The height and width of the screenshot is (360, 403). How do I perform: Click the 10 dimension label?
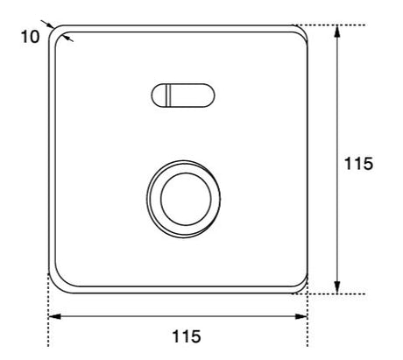30,37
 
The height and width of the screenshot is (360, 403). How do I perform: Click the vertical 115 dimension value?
358,163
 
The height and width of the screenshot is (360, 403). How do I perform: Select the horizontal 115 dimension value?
187,336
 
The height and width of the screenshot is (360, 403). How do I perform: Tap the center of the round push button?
186,199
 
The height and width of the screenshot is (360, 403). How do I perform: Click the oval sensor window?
183,95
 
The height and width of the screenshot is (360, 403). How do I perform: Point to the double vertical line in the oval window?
168,95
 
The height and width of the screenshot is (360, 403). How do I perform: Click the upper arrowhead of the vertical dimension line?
337,31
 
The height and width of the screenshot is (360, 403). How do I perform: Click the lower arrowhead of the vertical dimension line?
337,286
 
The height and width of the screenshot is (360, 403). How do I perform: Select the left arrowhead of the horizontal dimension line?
54,316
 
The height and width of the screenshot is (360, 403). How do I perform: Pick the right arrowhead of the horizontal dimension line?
301,316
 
